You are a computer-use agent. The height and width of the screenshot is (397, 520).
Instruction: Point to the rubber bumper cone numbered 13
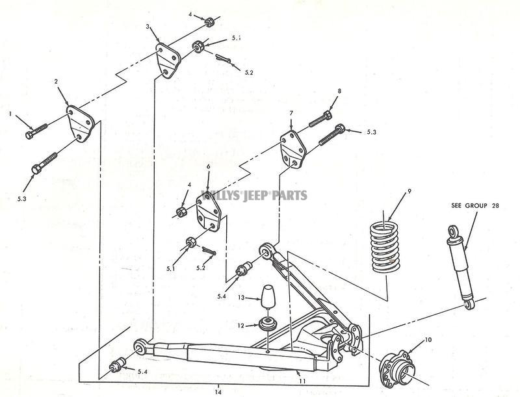(x=268, y=298)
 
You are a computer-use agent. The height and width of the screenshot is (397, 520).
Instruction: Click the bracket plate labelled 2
(x=81, y=123)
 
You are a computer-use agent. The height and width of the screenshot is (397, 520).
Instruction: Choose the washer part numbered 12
(x=267, y=322)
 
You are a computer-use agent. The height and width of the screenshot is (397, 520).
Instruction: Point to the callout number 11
(x=300, y=373)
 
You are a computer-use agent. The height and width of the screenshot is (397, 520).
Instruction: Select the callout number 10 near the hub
(x=428, y=339)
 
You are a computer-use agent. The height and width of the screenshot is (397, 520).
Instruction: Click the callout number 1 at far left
(x=11, y=114)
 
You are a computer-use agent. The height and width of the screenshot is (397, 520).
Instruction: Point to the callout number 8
(x=339, y=91)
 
